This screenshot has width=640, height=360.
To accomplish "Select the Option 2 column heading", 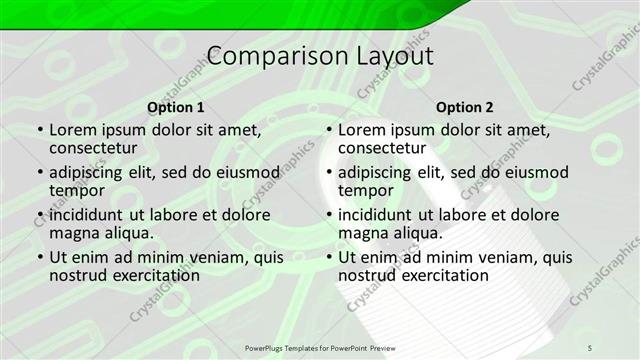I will click(x=465, y=107).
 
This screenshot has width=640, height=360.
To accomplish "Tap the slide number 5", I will click(x=590, y=346).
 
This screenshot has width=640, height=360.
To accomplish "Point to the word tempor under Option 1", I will click(x=77, y=191).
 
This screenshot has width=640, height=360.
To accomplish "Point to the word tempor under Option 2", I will click(x=367, y=191).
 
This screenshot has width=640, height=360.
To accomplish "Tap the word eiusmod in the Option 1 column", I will click(x=246, y=172).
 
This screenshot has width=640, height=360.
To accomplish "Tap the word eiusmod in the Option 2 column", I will click(x=536, y=172).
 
